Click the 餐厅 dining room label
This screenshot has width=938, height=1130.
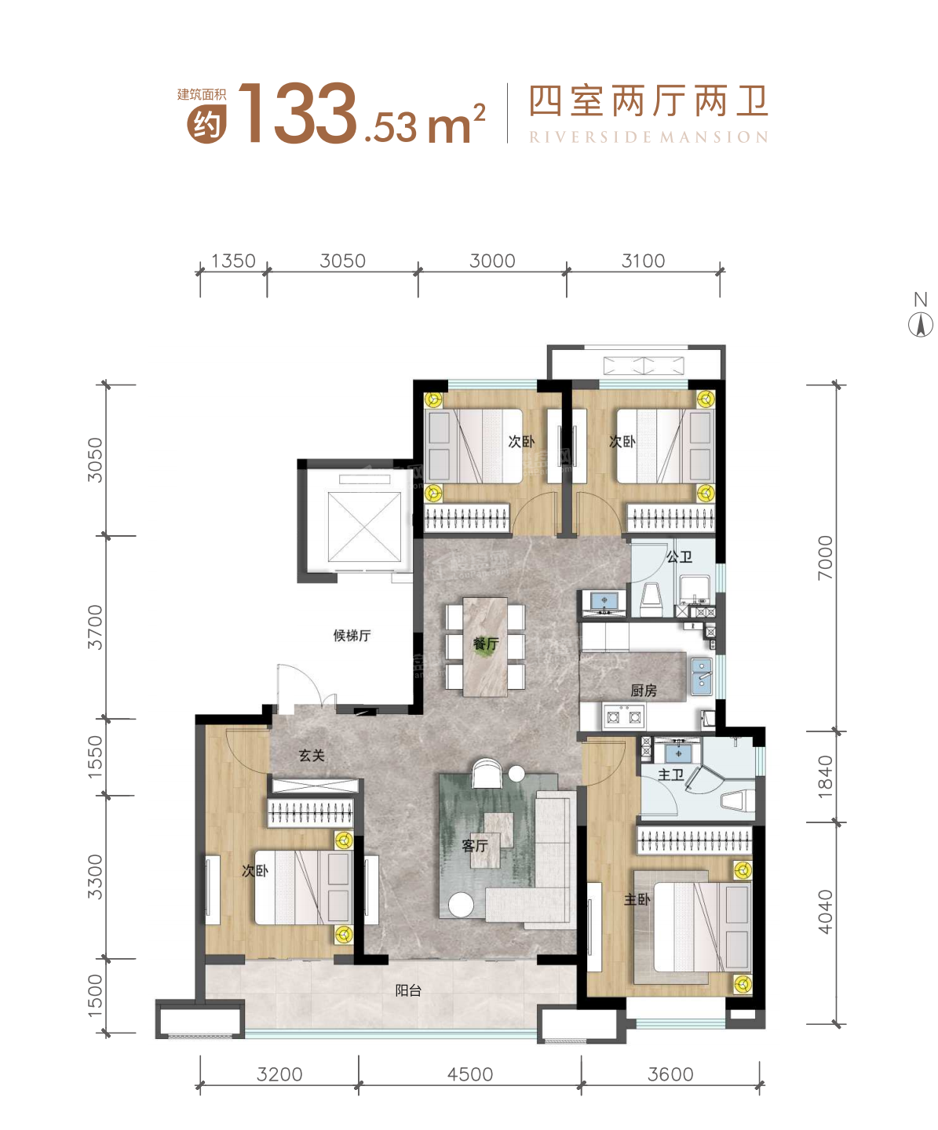[486, 644]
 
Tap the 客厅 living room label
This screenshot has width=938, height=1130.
[475, 846]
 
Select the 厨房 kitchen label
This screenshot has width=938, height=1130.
[644, 691]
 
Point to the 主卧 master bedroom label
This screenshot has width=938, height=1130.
[637, 899]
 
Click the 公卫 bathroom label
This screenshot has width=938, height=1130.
[679, 557]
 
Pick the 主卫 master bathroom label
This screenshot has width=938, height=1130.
[670, 775]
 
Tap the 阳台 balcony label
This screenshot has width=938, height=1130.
[408, 991]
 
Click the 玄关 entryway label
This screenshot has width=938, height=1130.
[312, 756]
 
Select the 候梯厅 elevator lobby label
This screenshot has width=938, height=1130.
[352, 636]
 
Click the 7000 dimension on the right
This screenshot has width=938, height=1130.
[825, 558]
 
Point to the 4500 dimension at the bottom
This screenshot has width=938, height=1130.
[470, 1074]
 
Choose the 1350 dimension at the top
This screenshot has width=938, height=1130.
[233, 261]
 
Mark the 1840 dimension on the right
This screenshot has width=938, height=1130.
[825, 777]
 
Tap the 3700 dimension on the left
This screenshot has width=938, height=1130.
[95, 627]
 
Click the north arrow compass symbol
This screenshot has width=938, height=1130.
[921, 324]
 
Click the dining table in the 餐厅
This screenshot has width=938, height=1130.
[485, 647]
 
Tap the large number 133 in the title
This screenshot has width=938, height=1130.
[297, 115]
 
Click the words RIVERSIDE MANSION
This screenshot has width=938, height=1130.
[648, 137]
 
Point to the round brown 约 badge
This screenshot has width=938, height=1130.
[206, 124]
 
